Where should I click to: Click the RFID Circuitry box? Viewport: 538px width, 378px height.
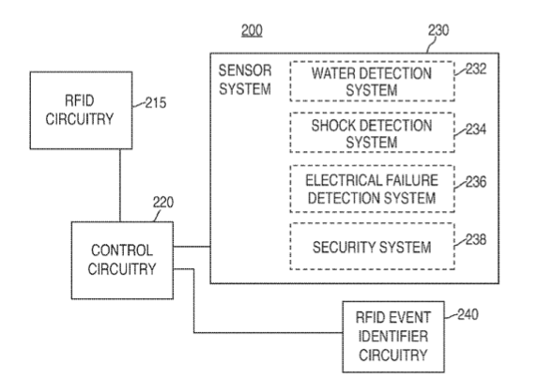tap(81, 111)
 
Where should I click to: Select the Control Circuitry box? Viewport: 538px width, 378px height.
tap(122, 261)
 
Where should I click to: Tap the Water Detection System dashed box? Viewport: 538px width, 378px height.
tap(372, 82)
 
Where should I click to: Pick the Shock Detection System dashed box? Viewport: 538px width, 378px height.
tap(372, 132)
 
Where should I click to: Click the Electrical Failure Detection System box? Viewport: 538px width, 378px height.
tap(372, 189)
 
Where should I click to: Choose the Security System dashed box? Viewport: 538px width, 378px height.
tap(372, 247)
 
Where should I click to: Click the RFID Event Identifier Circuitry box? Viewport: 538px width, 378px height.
tap(393, 337)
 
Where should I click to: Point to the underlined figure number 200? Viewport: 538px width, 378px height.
tap(252, 31)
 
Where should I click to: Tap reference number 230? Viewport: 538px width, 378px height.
tap(438, 30)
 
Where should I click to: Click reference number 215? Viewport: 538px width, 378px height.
tap(156, 103)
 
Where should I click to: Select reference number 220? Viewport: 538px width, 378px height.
tap(163, 203)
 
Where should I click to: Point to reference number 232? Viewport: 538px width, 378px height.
tap(476, 68)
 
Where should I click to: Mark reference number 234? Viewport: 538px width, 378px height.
tap(476, 129)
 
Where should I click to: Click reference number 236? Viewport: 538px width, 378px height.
tap(476, 182)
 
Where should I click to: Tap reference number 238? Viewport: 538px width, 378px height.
tap(476, 239)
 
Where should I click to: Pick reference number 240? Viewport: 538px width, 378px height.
tap(468, 314)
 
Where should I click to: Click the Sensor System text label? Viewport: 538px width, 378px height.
tap(245, 80)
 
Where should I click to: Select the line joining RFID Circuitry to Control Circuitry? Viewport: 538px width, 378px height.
tap(120, 186)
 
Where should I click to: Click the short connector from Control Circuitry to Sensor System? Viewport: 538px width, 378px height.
tap(192, 247)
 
